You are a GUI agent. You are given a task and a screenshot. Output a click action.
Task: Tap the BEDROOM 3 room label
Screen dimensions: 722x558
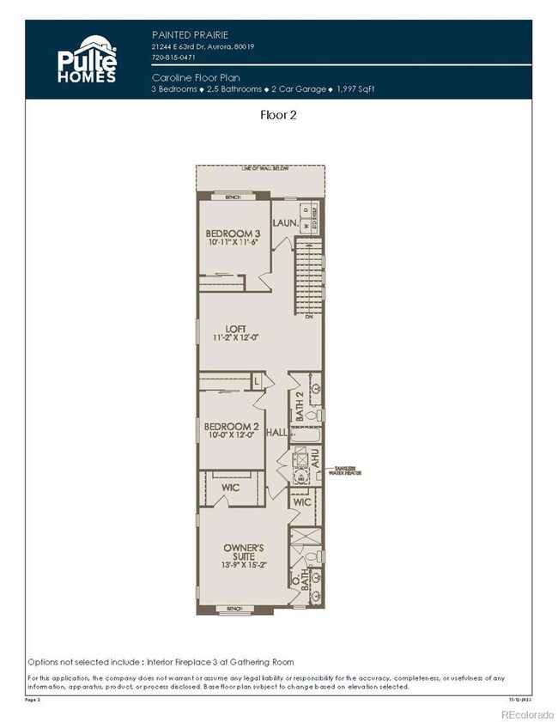[x=233, y=233]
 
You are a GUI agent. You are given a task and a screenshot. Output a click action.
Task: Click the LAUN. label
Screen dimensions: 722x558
[x=285, y=223]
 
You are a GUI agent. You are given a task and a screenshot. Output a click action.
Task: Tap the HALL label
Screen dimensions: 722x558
[x=276, y=432]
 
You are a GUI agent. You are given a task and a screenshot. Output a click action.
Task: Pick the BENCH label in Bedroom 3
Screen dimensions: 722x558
[x=232, y=197]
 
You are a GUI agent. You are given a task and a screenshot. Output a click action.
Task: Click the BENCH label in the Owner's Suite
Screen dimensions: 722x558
[x=234, y=609]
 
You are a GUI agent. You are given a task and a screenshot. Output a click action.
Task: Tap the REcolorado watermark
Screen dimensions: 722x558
[x=527, y=713]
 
